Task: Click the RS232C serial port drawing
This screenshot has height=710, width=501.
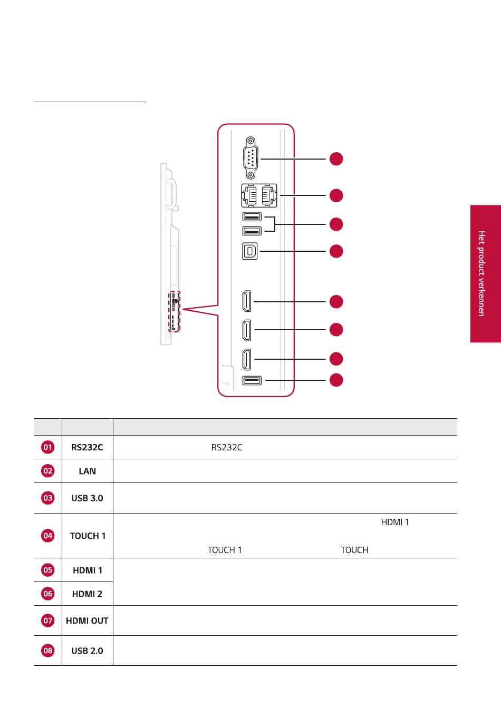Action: tap(250, 158)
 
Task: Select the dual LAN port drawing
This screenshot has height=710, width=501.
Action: tap(259, 195)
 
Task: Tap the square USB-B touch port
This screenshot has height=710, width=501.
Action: tap(249, 251)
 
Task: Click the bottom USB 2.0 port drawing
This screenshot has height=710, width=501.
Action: tap(252, 380)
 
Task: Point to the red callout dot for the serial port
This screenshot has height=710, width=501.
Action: tap(336, 159)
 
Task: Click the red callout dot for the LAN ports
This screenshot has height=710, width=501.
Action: tap(336, 195)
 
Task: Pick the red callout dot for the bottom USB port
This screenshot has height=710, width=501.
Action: tap(336, 380)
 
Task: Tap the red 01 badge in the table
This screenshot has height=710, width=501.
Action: tap(47, 447)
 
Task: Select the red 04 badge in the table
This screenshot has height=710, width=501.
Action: tap(47, 535)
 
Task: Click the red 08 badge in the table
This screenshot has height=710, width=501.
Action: tap(47, 650)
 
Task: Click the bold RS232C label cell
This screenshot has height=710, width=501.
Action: tap(87, 447)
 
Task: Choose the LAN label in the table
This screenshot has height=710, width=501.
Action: tap(87, 471)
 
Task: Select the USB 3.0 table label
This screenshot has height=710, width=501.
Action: tap(87, 498)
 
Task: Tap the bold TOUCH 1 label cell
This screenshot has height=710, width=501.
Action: tap(88, 536)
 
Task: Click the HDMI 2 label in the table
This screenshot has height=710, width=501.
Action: tap(87, 594)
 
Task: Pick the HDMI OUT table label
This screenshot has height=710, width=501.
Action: tap(87, 620)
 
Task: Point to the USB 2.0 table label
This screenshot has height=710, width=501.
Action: tap(87, 650)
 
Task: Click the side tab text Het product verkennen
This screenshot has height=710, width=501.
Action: tap(481, 273)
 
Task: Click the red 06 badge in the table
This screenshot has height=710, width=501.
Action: tap(47, 594)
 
